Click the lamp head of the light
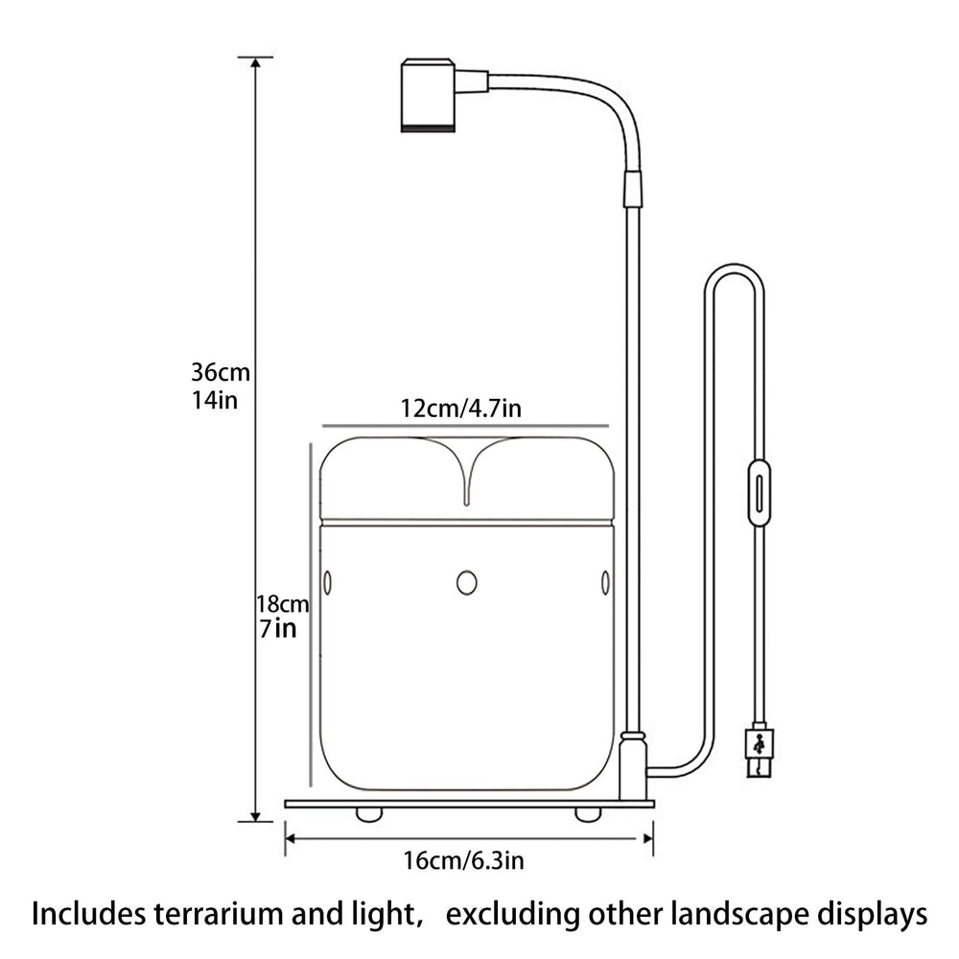pos(428,95)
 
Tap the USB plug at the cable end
pos(760,751)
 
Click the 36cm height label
pos(221,372)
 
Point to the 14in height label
pos(215,401)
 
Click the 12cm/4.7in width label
pos(461,408)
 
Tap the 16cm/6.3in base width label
pos(463,860)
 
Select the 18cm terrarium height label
pos(283,604)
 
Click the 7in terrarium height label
pos(278,629)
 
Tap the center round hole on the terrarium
pos(467,582)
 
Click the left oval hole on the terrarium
pos(327,582)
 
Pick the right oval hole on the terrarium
pos(605,582)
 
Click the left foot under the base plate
pos(370,814)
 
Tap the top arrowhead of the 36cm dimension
pos(256,63)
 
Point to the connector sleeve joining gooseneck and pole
pos(633,187)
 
